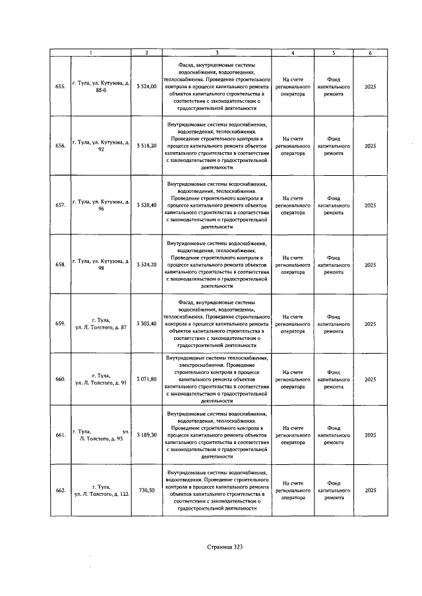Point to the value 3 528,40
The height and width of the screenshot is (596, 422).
coord(146,205)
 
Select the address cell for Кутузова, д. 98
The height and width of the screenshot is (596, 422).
coord(102,265)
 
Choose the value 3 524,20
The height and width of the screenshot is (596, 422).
coord(146,265)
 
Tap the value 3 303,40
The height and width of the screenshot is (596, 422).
coord(146,323)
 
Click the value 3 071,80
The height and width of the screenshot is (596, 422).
coord(146,379)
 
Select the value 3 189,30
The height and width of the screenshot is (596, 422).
coord(146,435)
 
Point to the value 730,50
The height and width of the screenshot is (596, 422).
coord(146,491)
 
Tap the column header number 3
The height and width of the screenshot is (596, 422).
coord(216,53)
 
